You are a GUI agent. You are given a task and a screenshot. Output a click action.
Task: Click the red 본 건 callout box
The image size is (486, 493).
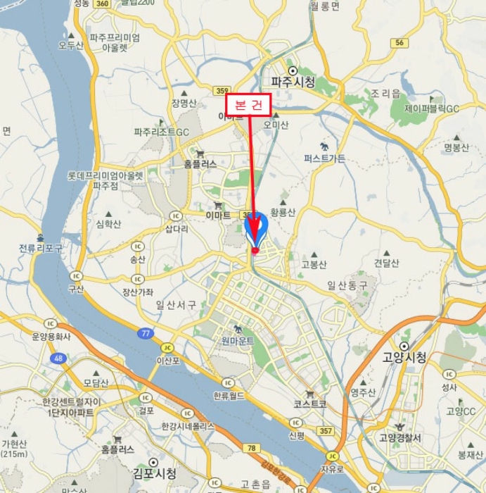click(x=248, y=105)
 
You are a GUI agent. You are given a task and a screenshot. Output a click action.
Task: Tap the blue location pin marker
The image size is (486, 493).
click(x=257, y=227)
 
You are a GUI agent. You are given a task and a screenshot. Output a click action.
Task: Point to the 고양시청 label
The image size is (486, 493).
click(x=404, y=357)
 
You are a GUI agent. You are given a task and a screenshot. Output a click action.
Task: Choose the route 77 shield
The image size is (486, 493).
click(x=145, y=333)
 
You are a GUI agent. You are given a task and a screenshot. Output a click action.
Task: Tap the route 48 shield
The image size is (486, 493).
click(x=58, y=358)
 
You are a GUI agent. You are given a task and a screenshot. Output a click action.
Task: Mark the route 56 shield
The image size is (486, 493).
click(x=399, y=43)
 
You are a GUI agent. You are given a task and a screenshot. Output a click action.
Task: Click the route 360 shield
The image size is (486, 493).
click(x=102, y=4)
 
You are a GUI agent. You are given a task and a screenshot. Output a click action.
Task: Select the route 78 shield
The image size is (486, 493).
click(x=251, y=449)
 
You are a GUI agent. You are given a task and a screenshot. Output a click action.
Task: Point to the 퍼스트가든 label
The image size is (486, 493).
click(x=324, y=158)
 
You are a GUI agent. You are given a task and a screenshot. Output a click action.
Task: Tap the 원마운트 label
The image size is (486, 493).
click(x=237, y=340)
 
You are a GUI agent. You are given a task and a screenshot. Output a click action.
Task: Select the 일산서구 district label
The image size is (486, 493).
click(x=177, y=305)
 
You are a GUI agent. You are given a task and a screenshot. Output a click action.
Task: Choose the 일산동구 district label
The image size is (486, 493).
click(x=347, y=285)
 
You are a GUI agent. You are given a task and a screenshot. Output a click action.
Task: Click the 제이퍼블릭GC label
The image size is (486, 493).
click(x=431, y=109)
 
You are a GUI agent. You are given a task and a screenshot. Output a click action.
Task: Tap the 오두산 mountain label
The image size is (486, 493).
click(x=71, y=45)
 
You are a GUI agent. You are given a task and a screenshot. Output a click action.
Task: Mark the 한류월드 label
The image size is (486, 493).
click(x=231, y=396)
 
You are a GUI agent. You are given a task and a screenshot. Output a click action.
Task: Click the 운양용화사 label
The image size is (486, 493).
click(x=51, y=337)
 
